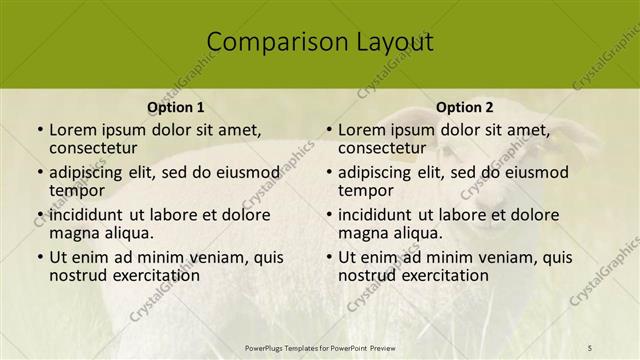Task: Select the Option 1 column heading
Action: [176, 107]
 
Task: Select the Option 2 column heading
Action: [465, 107]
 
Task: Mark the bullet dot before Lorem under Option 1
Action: [38, 131]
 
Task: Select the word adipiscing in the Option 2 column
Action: [378, 172]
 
